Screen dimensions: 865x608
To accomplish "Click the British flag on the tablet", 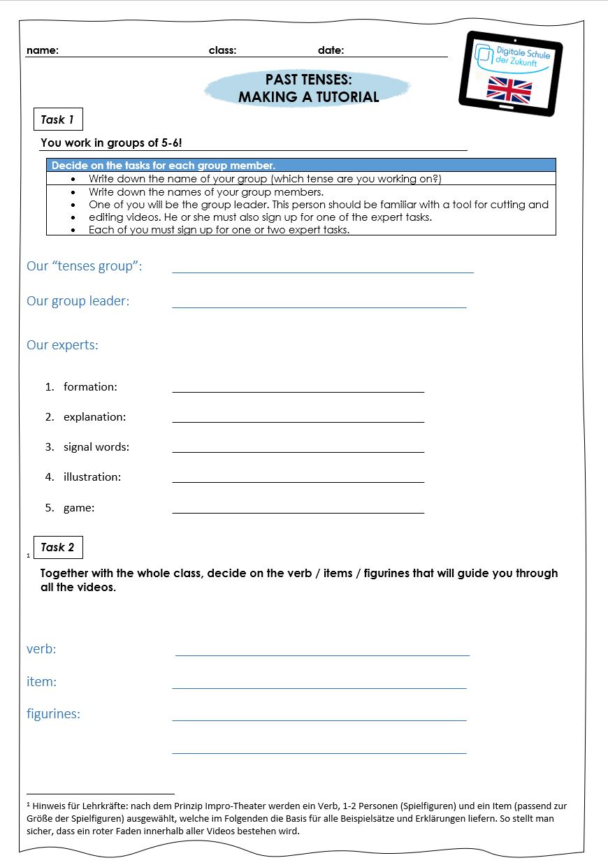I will point(509,90).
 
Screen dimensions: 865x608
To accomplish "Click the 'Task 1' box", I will point(58,119).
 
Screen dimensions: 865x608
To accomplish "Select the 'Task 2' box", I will point(58,547).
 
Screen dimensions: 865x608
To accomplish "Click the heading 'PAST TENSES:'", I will point(308,80).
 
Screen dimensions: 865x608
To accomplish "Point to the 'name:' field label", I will point(43,50).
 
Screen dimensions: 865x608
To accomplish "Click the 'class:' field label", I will point(222,50).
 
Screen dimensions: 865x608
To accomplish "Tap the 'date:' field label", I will point(331,50).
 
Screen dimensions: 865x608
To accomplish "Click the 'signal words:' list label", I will point(96,447).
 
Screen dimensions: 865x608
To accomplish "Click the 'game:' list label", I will point(79,508).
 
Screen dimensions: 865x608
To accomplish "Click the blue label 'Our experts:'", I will point(62,345).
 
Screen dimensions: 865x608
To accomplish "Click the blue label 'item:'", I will point(42,682).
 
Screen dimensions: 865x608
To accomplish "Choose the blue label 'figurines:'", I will point(53,714).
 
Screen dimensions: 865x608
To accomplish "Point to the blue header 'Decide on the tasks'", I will point(164,166).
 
